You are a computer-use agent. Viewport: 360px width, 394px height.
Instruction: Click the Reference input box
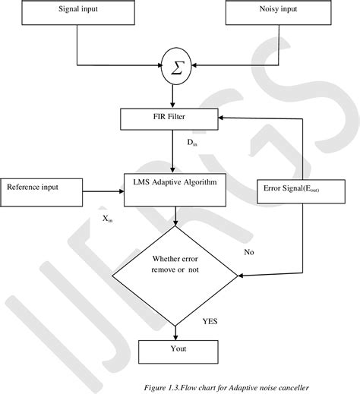tap(43, 191)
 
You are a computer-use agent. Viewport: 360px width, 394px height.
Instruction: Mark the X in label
tap(108, 219)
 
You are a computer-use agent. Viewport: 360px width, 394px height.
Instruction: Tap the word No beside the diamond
tap(248, 251)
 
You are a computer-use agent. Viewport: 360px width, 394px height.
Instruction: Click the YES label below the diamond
tap(210, 321)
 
